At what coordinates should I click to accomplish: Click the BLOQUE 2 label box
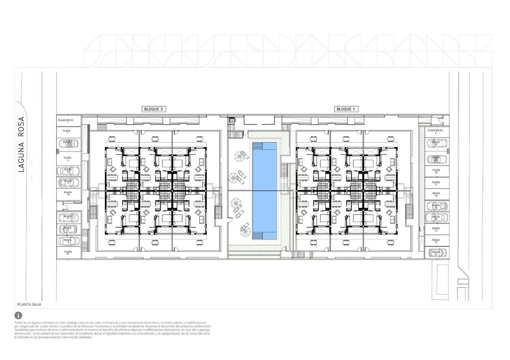(154, 109)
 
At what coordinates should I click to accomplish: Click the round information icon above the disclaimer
(18, 315)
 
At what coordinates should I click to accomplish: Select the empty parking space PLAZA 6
(68, 193)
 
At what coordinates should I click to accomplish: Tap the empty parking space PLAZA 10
(68, 252)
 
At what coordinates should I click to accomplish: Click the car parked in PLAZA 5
(68, 182)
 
